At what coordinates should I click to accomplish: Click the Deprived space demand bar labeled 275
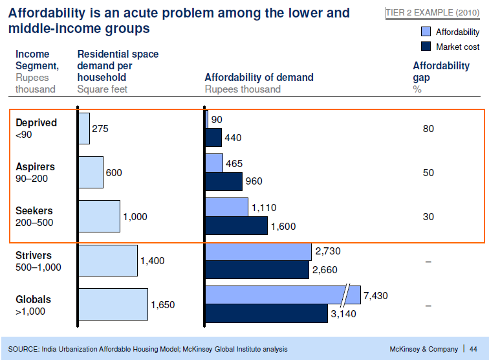[x=84, y=128]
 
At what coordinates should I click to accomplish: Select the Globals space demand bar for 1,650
[x=113, y=304]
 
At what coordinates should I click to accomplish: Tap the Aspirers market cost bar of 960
[x=224, y=182]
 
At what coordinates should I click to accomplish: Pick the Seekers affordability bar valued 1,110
[x=226, y=207]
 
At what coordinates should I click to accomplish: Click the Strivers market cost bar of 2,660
[x=257, y=269]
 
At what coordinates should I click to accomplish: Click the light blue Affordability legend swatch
[x=426, y=32]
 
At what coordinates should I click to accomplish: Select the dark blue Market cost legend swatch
[x=426, y=47]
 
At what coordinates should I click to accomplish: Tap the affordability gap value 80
[x=428, y=129]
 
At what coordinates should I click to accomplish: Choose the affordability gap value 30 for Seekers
[x=428, y=217]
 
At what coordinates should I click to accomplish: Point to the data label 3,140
[x=344, y=314]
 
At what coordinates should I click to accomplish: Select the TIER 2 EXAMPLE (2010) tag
[x=433, y=13]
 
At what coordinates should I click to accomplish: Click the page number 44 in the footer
[x=473, y=349]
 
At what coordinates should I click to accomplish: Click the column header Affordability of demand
[x=259, y=78]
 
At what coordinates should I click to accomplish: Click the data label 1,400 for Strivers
[x=153, y=261]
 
